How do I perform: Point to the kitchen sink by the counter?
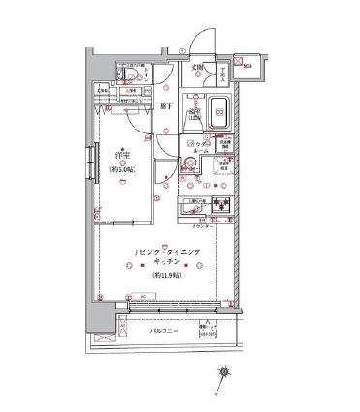(221, 205)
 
